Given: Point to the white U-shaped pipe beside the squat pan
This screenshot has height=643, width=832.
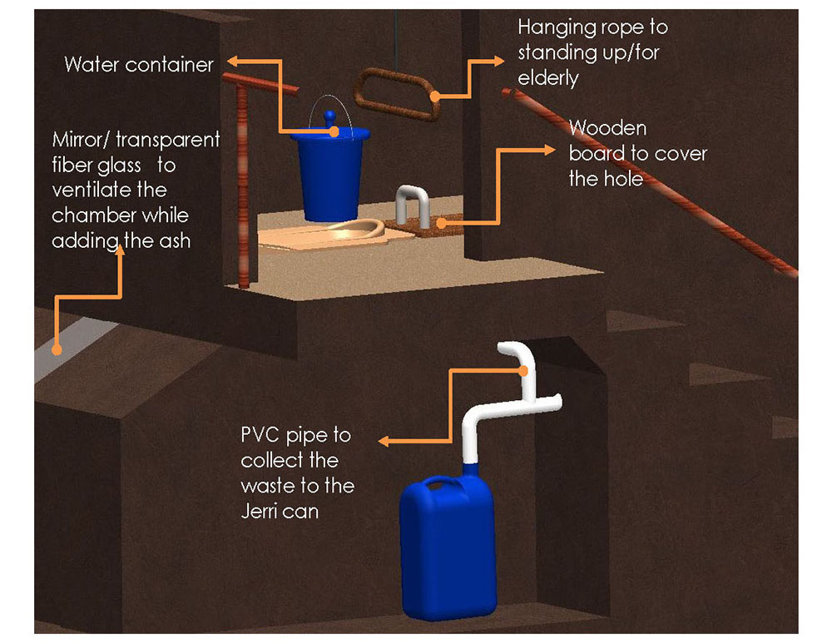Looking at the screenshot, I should (412, 203).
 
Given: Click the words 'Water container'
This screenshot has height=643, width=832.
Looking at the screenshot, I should (139, 65).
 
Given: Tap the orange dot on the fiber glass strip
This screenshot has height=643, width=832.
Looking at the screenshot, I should (56, 349).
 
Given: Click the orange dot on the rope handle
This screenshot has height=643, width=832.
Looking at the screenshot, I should (435, 96).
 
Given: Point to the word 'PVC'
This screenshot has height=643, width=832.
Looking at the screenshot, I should (265, 435).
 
